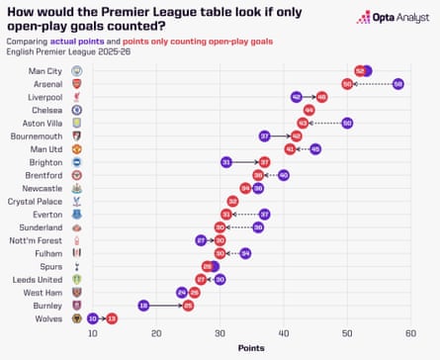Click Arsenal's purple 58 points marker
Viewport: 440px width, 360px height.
(x=397, y=84)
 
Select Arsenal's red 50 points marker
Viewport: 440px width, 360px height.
(x=347, y=84)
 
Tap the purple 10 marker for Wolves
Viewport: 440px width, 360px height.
(x=93, y=318)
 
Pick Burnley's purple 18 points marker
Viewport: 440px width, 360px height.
(x=143, y=306)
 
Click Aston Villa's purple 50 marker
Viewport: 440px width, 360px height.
(x=347, y=123)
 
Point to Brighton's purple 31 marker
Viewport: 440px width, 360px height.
(x=226, y=162)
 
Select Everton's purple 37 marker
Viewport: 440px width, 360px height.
(x=264, y=214)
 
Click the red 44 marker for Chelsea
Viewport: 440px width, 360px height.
(x=308, y=110)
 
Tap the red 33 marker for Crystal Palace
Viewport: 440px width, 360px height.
(x=232, y=201)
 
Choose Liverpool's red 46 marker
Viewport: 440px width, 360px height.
(x=321, y=97)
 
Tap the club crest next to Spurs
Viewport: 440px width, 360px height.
(x=77, y=266)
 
